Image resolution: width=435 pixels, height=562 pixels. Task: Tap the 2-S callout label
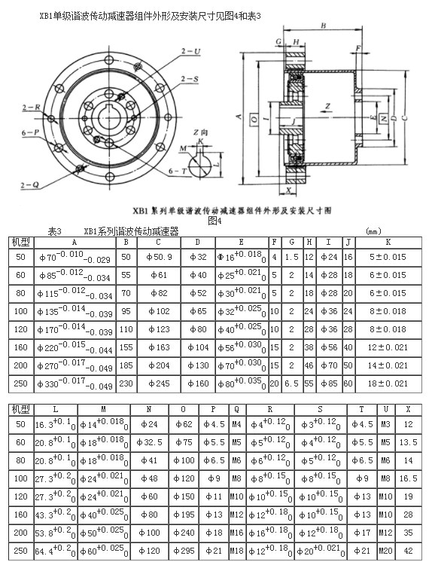coord(190,78)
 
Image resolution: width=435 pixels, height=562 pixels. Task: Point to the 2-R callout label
coord(31,108)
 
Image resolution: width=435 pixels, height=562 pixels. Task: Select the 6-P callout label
coord(29,132)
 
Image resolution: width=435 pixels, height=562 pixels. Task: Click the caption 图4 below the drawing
coord(214,221)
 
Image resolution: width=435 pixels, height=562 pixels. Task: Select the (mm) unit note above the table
coord(373,232)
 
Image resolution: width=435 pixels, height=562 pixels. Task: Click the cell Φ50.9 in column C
coord(158,258)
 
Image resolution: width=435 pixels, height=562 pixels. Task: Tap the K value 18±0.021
coord(388,383)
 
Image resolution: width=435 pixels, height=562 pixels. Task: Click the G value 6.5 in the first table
coord(292,383)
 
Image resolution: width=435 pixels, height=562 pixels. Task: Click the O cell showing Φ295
coord(186,551)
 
